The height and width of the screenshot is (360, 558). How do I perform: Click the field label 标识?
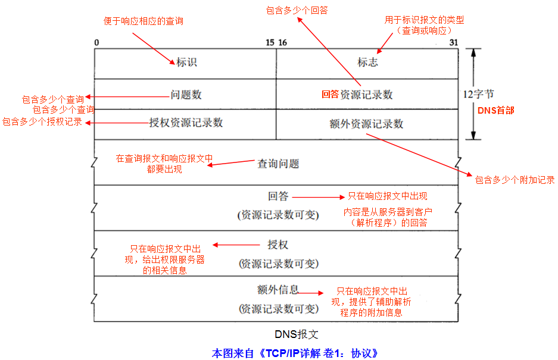tap(186, 62)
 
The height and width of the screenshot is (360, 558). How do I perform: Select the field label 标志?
tap(367, 62)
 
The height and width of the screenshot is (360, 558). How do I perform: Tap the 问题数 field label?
tap(186, 95)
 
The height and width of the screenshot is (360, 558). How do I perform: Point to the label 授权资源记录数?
tap(186, 123)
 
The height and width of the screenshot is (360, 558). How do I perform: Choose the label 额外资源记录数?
tap(366, 124)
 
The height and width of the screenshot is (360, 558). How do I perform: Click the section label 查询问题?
tap(278, 164)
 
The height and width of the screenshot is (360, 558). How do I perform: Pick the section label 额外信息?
tap(278, 290)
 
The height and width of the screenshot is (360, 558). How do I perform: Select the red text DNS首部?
tap(495, 111)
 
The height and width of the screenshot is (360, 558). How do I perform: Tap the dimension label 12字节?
tap(478, 94)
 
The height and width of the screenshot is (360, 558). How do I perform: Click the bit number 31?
tap(454, 43)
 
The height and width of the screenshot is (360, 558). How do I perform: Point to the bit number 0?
tap(96, 43)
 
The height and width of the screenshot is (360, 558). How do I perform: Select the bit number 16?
tap(282, 43)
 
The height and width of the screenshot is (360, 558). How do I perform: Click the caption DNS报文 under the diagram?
tap(297, 334)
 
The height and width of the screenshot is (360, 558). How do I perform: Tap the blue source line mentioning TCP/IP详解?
tap(295, 353)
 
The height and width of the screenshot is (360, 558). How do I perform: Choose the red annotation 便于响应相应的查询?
tap(144, 21)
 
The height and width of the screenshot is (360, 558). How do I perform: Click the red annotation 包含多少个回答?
tap(297, 10)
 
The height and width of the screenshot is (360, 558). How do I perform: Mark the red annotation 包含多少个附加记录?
tap(515, 180)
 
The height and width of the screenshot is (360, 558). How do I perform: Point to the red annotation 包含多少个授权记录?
tap(42, 121)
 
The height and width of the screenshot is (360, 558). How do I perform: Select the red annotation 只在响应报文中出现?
tap(388, 196)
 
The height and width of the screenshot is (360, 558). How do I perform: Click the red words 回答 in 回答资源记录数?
tap(331, 94)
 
